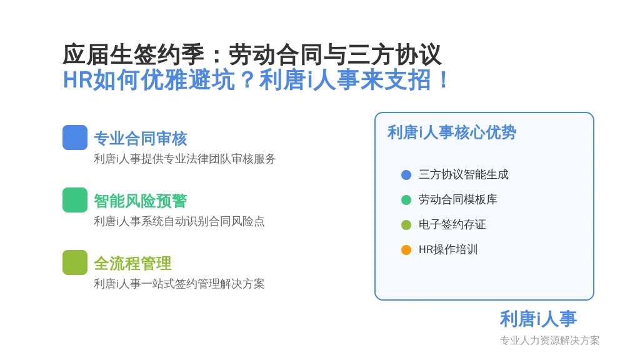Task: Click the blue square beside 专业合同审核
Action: click(75, 137)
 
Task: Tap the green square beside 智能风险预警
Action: click(75, 200)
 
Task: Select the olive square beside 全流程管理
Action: click(75, 262)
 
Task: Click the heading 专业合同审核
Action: click(141, 139)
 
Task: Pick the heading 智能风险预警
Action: click(141, 201)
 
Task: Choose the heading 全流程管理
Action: click(132, 264)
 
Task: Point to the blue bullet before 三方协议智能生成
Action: click(406, 175)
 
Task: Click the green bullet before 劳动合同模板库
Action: click(406, 200)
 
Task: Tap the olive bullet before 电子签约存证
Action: click(406, 225)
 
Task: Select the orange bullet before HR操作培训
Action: click(406, 250)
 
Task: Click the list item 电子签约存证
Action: click(452, 224)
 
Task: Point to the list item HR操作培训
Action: click(448, 249)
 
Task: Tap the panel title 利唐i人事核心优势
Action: click(452, 132)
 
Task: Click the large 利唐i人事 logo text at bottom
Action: click(538, 319)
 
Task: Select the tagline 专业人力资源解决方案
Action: click(550, 341)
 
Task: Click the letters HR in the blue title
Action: click(78, 79)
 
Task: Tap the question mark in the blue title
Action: click(247, 79)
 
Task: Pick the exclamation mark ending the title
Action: click(444, 79)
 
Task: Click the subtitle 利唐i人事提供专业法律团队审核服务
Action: click(185, 159)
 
